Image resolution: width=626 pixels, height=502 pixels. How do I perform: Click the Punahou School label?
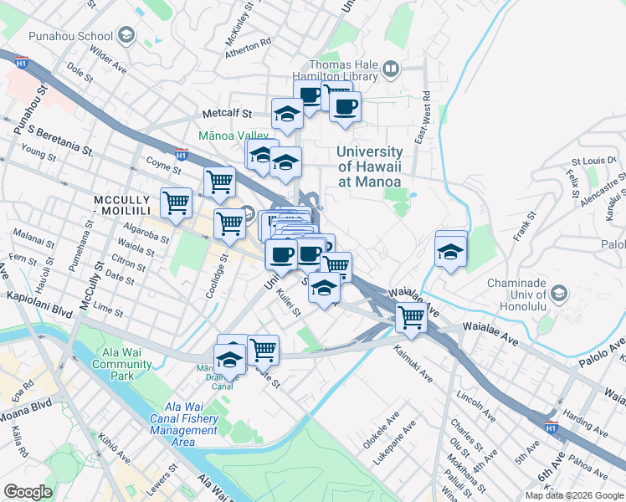tap(70, 36)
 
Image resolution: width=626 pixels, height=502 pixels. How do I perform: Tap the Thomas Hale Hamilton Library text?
tap(342, 70)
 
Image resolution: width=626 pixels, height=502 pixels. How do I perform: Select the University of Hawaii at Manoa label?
tap(368, 166)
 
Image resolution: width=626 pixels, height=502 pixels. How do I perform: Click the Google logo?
tap(28, 492)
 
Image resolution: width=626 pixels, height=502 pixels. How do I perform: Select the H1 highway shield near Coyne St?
tap(182, 154)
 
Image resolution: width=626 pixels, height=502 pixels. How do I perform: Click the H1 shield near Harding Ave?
tap(551, 428)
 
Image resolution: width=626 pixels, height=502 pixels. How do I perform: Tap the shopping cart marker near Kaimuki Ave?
tap(411, 317)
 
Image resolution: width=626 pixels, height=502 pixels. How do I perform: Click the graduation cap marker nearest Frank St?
tap(450, 251)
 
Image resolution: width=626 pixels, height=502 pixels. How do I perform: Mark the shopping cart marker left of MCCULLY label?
tap(176, 202)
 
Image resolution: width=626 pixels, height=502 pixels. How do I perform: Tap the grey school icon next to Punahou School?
tap(126, 35)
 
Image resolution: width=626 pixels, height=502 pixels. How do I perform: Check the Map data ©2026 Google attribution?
tap(573, 495)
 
